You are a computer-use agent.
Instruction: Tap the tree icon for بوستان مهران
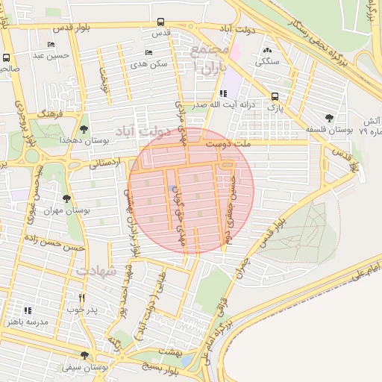tap(67, 198)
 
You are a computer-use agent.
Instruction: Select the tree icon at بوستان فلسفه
tap(329, 118)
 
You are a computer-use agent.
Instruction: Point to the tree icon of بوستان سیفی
tap(83, 356)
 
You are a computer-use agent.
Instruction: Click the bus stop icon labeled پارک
tap(275, 95)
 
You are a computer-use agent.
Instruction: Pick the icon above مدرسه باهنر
tap(28, 310)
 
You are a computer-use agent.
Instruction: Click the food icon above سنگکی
tap(267, 50)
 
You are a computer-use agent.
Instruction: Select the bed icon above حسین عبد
tap(51, 44)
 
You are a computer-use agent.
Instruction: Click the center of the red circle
tap(191, 191)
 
